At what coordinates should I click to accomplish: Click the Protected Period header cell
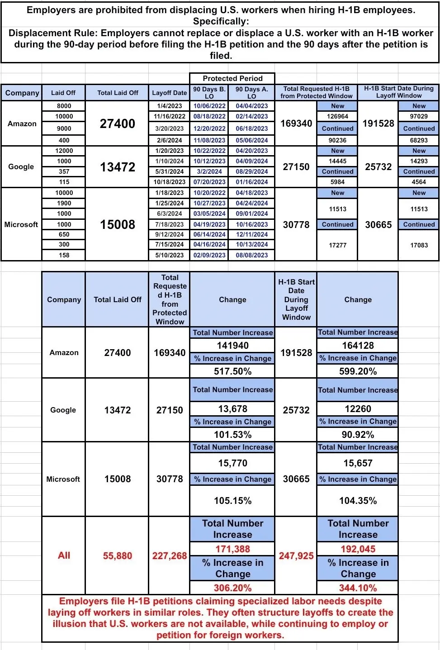pos(232,78)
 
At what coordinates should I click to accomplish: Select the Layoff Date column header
pos(169,93)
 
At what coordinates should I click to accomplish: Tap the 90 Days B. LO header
pos(209,93)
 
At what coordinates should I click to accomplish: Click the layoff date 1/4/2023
pos(169,106)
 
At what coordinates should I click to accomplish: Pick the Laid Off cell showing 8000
pos(64,106)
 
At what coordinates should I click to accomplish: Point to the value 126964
pos(337,116)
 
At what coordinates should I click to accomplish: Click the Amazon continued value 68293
pos(419,140)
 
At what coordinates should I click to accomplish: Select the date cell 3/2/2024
pos(209,171)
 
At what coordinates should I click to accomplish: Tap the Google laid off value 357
pos(64,171)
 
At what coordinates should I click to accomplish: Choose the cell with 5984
pos(337,182)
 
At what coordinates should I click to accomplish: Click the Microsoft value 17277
pos(337,245)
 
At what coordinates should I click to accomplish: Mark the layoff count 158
pos(64,255)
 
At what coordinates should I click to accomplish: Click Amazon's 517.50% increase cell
pos(232,371)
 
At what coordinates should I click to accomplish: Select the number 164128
pos(358,346)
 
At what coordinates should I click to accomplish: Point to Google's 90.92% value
pos(358,435)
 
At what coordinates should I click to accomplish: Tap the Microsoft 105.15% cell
pos(232,501)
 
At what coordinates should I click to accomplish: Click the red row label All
pos(64,555)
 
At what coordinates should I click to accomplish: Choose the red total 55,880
pos(117,555)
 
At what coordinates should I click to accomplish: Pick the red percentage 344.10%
pos(358,588)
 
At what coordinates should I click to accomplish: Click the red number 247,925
pos(296,555)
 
